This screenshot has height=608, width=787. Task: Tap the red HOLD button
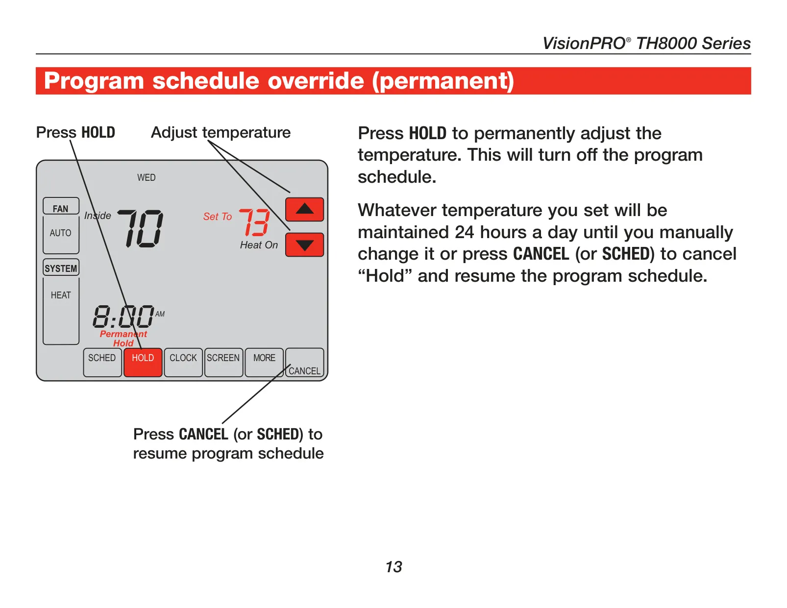pyautogui.click(x=143, y=363)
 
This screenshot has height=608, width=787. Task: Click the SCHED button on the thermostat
pyautogui.click(x=102, y=363)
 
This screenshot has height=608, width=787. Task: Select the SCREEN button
pyautogui.click(x=223, y=363)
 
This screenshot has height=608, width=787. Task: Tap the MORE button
pyautogui.click(x=264, y=363)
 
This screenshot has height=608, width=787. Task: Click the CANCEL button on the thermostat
pyautogui.click(x=305, y=363)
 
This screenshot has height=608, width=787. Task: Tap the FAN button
pyautogui.click(x=61, y=206)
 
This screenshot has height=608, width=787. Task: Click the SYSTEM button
pyautogui.click(x=61, y=268)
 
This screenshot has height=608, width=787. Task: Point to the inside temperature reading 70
pyautogui.click(x=141, y=229)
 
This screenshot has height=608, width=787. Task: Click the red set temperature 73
pyautogui.click(x=255, y=222)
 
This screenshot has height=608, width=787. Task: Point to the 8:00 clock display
pyautogui.click(x=123, y=316)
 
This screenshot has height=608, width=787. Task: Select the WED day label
pyautogui.click(x=147, y=177)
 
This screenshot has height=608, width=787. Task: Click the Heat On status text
pyautogui.click(x=259, y=245)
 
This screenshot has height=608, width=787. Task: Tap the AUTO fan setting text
pyautogui.click(x=60, y=233)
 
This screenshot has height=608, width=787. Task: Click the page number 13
pyautogui.click(x=393, y=567)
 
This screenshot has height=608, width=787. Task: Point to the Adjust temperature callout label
pyautogui.click(x=221, y=133)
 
